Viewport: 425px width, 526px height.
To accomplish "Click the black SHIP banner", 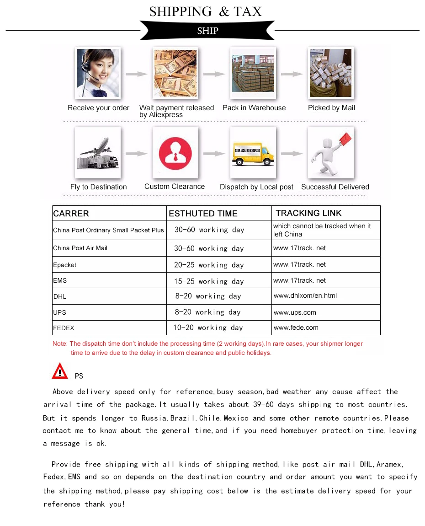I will (207, 31).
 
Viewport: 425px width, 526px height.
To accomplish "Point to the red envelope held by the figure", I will (345, 138).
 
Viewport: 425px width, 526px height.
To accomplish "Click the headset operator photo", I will (97, 73).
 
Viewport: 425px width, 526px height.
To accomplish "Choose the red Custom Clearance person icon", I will (175, 153).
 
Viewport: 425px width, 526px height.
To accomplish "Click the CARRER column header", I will (71, 214).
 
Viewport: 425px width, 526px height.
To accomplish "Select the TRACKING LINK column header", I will (308, 213).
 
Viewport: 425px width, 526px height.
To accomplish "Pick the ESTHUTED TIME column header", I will (203, 214).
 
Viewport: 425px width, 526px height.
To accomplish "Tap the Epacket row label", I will (65, 265).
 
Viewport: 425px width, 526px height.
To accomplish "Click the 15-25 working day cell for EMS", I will (209, 281).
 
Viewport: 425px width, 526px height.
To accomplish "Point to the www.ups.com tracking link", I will (295, 312).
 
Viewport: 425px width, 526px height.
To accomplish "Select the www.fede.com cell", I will (296, 327).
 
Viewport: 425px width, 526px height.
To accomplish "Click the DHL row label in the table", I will (60, 296).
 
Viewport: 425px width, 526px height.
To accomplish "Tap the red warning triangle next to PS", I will (60, 371).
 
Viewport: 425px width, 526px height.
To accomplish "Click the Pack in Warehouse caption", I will (254, 108).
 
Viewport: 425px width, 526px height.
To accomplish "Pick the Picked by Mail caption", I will (331, 108).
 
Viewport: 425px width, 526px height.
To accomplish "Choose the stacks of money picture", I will (175, 73).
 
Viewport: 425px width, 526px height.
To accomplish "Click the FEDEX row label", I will (64, 328).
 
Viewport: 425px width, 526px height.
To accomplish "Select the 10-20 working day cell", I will (208, 327).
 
